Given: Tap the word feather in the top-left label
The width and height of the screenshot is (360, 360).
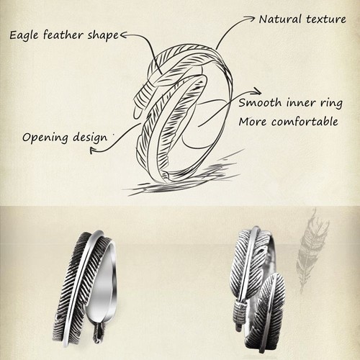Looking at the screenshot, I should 66,35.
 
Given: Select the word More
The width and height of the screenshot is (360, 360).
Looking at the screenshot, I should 253,122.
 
